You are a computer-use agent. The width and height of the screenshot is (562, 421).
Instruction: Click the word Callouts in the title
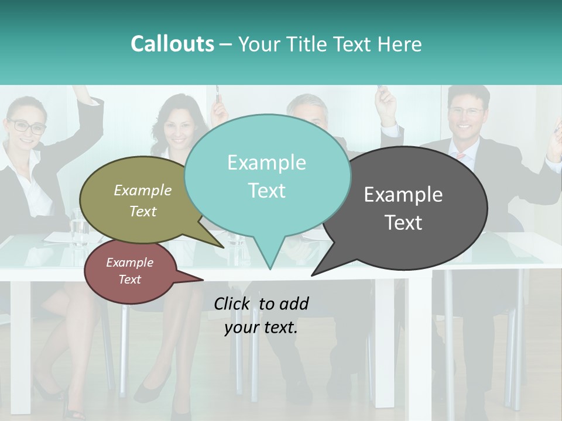[172, 44]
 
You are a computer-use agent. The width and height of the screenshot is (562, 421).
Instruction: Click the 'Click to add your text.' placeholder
[261, 315]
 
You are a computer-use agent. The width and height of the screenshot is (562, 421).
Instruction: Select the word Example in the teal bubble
[266, 163]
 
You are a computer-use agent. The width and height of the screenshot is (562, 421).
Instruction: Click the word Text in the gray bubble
[403, 223]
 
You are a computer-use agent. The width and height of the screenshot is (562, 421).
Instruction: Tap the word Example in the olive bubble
[143, 191]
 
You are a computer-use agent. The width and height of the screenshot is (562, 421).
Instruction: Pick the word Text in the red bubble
[130, 279]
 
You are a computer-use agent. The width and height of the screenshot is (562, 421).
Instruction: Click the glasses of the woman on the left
[26, 125]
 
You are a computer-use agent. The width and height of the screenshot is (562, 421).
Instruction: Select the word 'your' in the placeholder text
[241, 327]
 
